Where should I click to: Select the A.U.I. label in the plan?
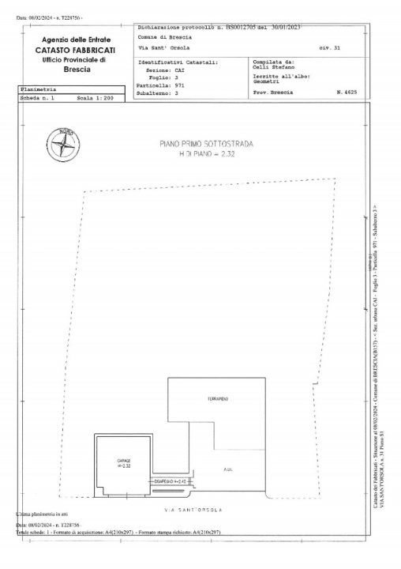click(x=227, y=469)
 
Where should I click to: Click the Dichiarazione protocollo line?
click(x=221, y=27)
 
